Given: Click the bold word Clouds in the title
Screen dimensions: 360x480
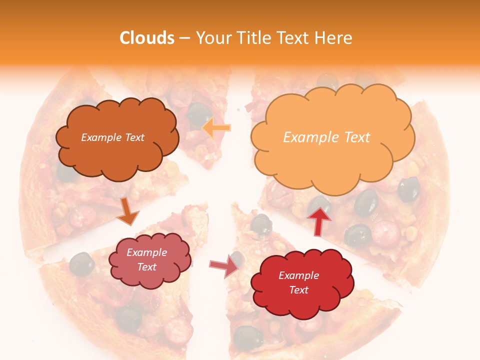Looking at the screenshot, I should point(146,37).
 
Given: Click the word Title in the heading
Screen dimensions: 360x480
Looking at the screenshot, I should point(254,37).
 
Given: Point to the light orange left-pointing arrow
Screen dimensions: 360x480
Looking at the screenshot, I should point(216,128).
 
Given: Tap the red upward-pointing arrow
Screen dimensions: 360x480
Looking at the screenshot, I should point(319,220).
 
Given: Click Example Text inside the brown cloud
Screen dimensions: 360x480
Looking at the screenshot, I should point(112,137).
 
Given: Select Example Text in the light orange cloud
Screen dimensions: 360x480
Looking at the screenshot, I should point(326,137).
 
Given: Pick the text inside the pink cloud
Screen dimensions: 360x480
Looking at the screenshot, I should point(146,259).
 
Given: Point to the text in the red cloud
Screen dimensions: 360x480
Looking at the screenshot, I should point(298,282).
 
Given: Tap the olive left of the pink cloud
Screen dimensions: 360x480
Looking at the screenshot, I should point(81,263).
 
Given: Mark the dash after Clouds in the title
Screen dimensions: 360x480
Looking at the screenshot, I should point(184,38).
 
